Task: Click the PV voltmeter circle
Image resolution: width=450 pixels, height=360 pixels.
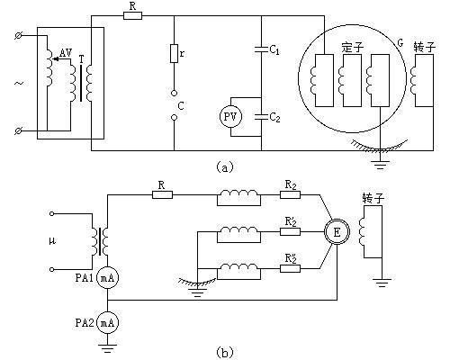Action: [x=230, y=116]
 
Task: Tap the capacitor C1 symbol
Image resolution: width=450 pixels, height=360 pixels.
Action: [x=261, y=49]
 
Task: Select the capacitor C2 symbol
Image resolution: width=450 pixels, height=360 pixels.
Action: [x=261, y=117]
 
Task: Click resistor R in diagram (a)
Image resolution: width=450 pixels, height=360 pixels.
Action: [x=132, y=15]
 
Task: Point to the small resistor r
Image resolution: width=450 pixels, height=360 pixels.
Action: [x=174, y=53]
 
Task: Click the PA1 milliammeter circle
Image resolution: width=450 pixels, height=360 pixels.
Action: [x=107, y=278]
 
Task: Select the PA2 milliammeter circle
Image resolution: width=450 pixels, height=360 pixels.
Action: [x=107, y=322]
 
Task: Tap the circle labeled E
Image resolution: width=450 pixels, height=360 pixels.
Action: [x=337, y=232]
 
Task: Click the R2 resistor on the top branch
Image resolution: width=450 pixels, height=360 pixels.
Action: [x=290, y=195]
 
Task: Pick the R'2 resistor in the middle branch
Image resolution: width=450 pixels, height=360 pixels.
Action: [x=290, y=231]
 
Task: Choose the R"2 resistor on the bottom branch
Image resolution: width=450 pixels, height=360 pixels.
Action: [x=290, y=268]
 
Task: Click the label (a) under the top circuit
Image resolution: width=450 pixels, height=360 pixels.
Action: [x=224, y=166]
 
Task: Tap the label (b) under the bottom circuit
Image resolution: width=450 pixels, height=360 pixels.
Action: [x=224, y=352]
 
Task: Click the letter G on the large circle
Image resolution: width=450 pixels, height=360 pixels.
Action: [x=400, y=43]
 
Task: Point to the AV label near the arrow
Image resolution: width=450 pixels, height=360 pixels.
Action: [x=66, y=53]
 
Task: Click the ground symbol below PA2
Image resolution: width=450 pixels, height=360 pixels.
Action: [x=107, y=348]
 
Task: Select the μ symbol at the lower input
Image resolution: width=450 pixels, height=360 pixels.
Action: [x=52, y=241]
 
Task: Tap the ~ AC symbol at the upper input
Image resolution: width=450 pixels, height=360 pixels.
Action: [x=19, y=83]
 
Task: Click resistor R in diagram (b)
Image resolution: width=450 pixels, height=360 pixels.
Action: [x=162, y=195]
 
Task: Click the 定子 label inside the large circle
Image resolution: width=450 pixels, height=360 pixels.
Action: [x=353, y=48]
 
